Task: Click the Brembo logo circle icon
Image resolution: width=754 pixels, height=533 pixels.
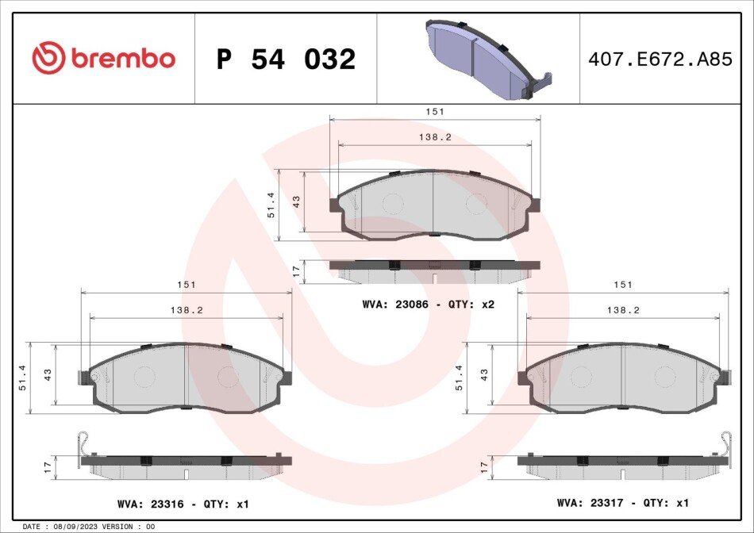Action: pos(48,58)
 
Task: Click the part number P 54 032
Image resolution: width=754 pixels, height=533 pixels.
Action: pos(286,59)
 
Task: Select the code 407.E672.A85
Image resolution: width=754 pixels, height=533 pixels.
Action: pos(660,59)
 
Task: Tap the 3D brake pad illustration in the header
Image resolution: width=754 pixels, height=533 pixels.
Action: pos(488,59)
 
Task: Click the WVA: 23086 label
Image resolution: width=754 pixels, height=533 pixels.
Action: pos(394,305)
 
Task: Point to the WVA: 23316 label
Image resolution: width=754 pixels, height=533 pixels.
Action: pos(151,504)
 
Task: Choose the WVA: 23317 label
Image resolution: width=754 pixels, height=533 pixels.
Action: pos(590,503)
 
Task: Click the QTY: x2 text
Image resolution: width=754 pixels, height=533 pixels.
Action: pos(471,305)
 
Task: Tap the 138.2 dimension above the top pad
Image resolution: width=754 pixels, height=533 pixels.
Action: pos(435,137)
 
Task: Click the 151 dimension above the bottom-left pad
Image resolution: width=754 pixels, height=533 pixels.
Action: pos(187,285)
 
